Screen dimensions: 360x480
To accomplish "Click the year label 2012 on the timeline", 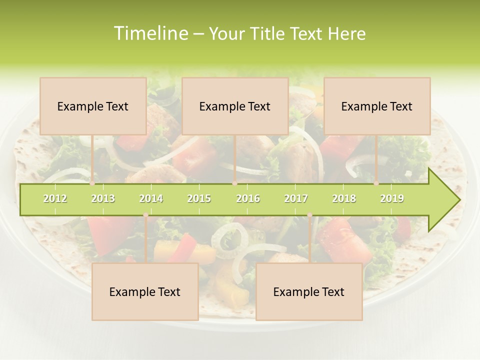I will click(55, 198).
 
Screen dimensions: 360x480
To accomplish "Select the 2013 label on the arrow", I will click(103, 198).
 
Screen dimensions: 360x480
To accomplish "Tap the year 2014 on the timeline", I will click(151, 198).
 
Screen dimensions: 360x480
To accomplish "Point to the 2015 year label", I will click(199, 198).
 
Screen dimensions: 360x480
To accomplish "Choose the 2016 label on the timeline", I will click(248, 198).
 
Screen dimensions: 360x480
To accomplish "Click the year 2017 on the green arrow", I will click(296, 198).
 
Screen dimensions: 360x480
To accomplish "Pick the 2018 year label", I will click(344, 198).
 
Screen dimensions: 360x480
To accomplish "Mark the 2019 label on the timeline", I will click(392, 198).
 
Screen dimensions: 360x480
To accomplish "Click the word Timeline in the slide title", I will click(150, 33).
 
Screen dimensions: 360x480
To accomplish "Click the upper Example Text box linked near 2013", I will click(93, 106).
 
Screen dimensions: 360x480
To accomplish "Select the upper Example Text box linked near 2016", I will click(235, 106).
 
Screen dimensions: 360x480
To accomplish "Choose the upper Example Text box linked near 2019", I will click(377, 106).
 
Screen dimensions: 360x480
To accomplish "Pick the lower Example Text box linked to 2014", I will click(145, 291).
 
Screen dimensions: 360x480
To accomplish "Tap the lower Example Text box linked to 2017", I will click(309, 291).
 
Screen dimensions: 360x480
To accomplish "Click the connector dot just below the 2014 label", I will click(145, 215).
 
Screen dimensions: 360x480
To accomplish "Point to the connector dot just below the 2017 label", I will click(309, 215).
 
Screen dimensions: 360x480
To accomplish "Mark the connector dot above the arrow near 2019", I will click(376, 183).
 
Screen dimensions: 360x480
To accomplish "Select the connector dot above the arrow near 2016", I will click(234, 183).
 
